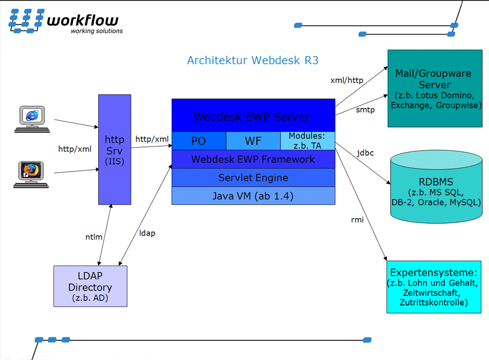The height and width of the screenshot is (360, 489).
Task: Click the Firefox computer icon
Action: tap(31, 174)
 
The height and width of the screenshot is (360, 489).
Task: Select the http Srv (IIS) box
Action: tap(115, 150)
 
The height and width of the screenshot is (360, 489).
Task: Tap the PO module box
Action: tap(199, 141)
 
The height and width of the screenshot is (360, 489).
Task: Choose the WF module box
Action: tap(253, 141)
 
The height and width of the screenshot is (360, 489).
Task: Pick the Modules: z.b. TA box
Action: tap(307, 141)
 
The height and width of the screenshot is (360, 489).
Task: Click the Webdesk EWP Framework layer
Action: tap(253, 159)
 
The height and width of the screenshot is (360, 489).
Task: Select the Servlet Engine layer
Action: tap(253, 177)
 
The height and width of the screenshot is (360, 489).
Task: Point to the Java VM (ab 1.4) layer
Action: tap(253, 196)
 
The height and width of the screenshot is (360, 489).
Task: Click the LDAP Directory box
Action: tap(91, 286)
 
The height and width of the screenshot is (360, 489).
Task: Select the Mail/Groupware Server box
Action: tap(435, 88)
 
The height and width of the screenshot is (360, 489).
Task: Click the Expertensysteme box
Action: tap(434, 287)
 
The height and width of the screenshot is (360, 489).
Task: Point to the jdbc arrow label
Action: tap(365, 153)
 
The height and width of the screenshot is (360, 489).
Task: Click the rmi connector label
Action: tap(357, 220)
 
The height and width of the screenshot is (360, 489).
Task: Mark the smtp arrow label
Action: tap(365, 110)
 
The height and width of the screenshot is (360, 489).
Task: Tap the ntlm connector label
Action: tap(94, 237)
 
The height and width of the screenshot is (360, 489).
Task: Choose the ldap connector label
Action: tap(147, 233)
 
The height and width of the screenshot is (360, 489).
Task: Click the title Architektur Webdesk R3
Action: tap(253, 60)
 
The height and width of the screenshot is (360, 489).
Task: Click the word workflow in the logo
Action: tap(83, 20)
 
